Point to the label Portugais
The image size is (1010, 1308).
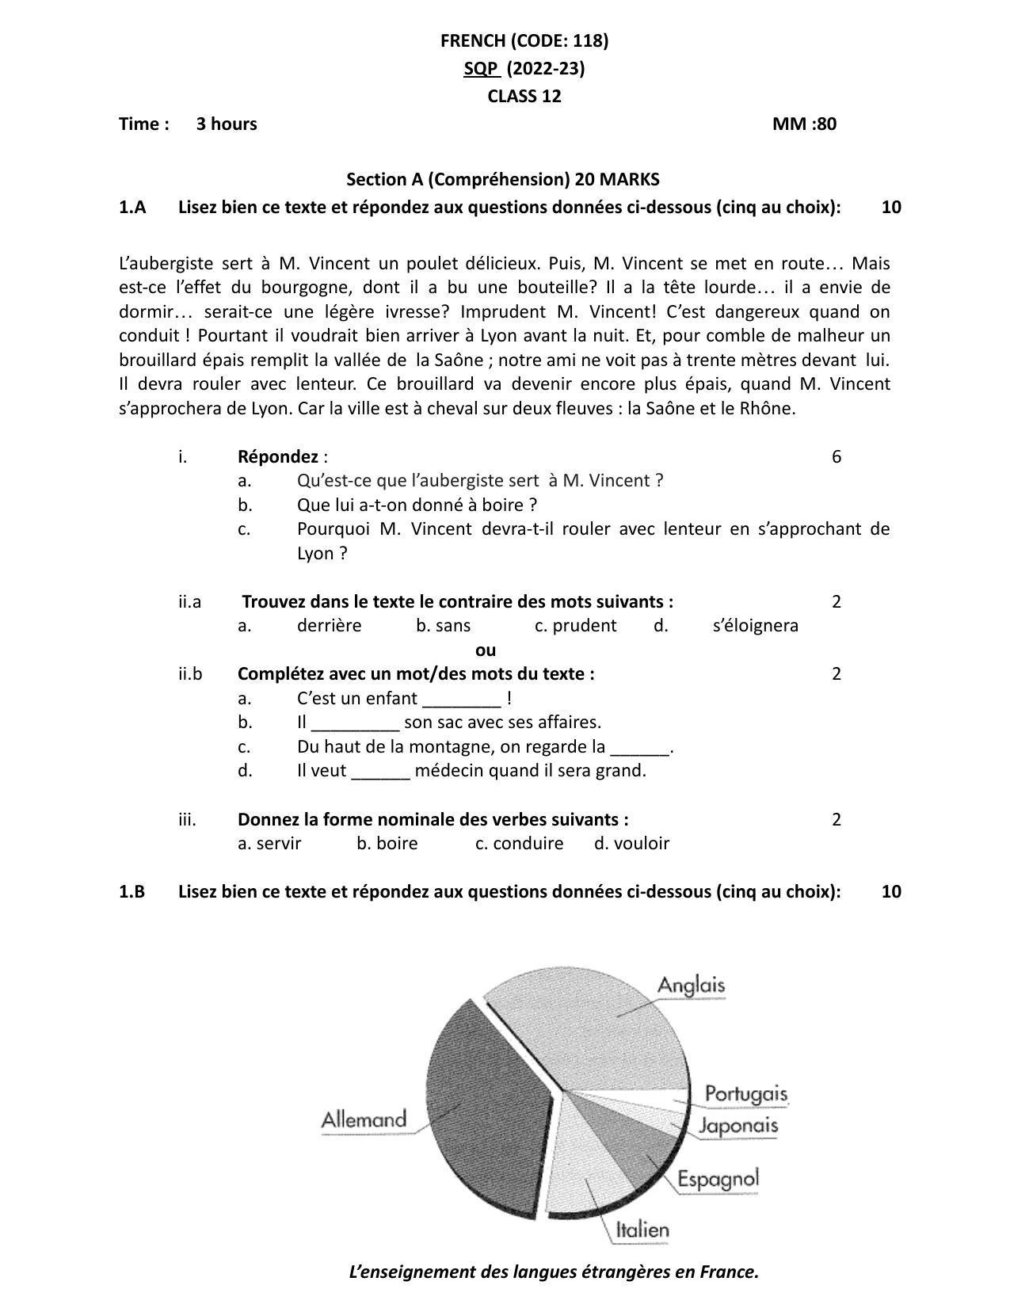[x=745, y=1094]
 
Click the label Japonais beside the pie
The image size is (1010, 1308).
[x=738, y=1126]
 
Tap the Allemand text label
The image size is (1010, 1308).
[x=364, y=1119]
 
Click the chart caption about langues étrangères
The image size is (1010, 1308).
[x=554, y=1272]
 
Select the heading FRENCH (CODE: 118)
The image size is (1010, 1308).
[x=524, y=40]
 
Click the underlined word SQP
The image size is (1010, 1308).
[x=481, y=68]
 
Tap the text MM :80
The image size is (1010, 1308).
[x=804, y=124]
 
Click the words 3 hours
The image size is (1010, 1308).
[x=227, y=124]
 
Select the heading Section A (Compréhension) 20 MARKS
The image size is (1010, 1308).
[x=503, y=179]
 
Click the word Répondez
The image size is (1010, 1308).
[x=277, y=456]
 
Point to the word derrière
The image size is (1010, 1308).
[x=329, y=625]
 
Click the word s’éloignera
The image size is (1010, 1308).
[x=755, y=625]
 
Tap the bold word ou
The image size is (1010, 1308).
[x=486, y=650]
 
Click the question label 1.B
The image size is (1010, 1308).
[x=131, y=891]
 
